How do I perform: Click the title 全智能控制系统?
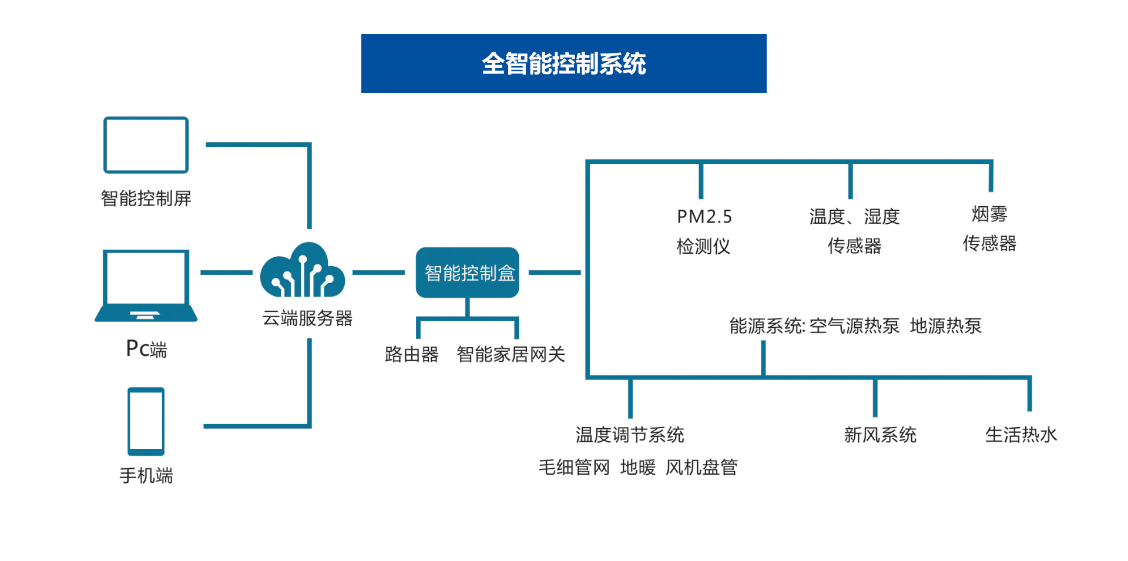click(563, 63)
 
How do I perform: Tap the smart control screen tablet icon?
click(146, 145)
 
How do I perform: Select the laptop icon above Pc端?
click(146, 285)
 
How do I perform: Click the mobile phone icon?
click(146, 421)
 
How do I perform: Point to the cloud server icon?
click(303, 271)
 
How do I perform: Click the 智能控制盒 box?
click(468, 273)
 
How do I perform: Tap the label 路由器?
click(411, 354)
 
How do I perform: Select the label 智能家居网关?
click(511, 354)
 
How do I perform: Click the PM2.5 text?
click(704, 217)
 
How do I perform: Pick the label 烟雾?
click(989, 214)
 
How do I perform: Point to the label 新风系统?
click(879, 435)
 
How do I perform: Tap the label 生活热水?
click(1020, 435)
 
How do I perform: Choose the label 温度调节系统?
click(629, 435)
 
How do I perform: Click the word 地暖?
click(637, 468)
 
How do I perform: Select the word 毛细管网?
click(574, 468)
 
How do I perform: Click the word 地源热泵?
click(945, 326)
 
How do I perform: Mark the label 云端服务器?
click(307, 318)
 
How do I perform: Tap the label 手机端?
click(146, 475)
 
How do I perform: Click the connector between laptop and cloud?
click(226, 273)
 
